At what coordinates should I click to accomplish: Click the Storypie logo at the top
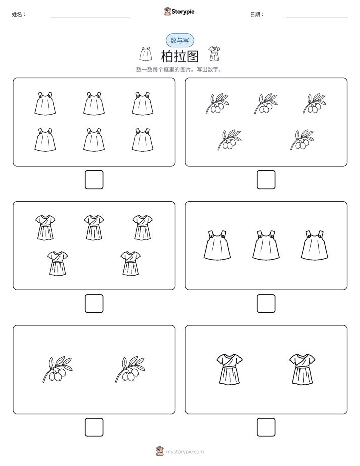[x=179, y=11]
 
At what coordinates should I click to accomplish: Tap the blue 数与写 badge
[x=179, y=40]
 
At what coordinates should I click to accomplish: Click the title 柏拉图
[x=179, y=56]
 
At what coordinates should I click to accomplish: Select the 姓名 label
[x=19, y=14]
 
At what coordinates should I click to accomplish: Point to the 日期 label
[x=257, y=14]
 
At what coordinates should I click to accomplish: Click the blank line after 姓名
[x=90, y=17]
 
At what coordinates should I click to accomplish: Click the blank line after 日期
[x=317, y=17]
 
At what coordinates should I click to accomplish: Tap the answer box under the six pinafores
[x=94, y=180]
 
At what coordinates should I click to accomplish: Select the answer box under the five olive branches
[x=266, y=180]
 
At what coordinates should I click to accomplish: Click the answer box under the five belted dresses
[x=94, y=304]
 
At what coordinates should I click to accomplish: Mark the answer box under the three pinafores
[x=266, y=304]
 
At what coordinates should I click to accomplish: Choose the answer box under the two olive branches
[x=94, y=427]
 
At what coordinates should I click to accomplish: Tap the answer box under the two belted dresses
[x=266, y=427]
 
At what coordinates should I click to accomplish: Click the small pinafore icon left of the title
[x=146, y=53]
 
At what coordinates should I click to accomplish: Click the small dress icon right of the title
[x=214, y=53]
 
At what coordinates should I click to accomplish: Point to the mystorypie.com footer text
[x=185, y=452]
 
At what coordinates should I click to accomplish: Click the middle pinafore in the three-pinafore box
[x=266, y=246]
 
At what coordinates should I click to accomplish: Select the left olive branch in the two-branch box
[x=57, y=369]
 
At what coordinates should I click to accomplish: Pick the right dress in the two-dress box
[x=303, y=369]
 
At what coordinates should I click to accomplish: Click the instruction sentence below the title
[x=179, y=70]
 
